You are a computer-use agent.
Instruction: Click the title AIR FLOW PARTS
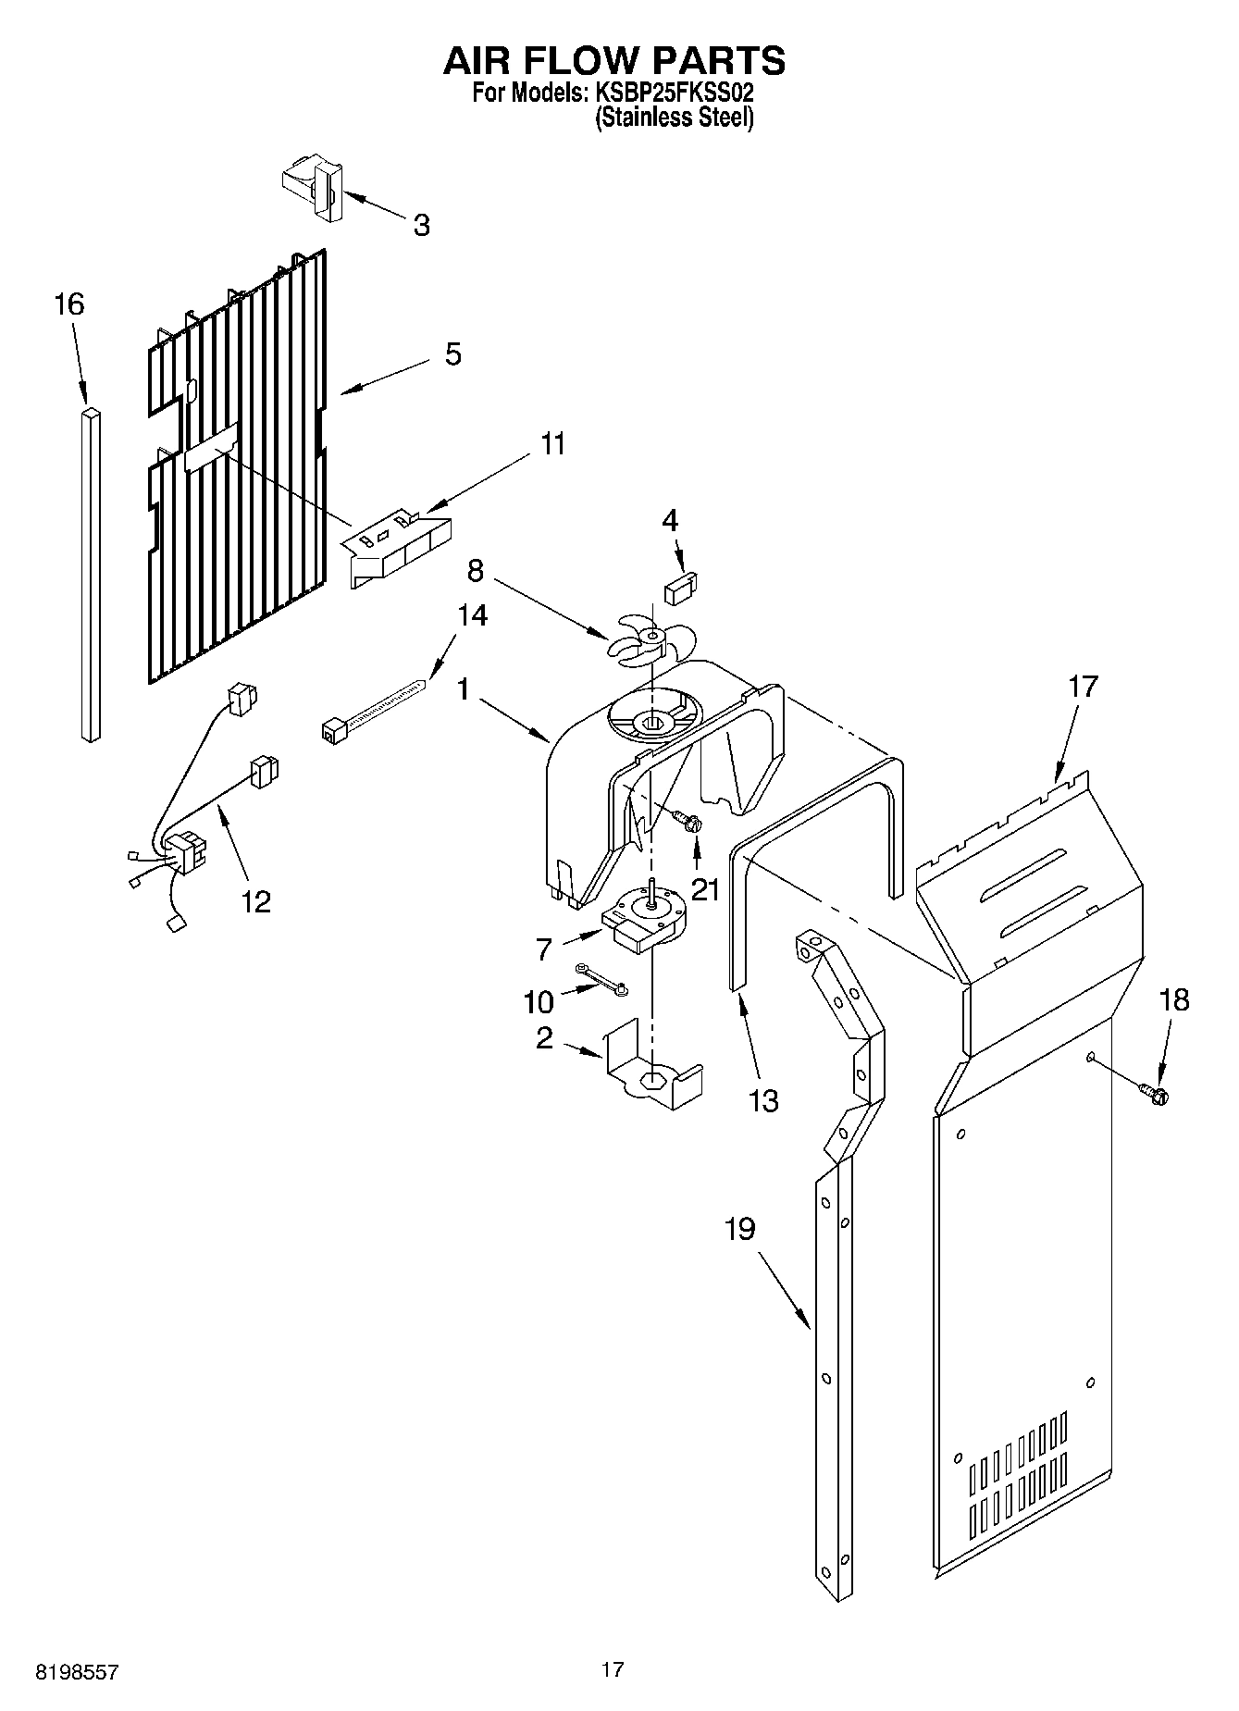(x=614, y=60)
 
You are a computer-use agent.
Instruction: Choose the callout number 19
(x=739, y=1229)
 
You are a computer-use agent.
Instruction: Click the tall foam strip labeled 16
(x=90, y=574)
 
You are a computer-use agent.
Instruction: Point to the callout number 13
(x=763, y=1101)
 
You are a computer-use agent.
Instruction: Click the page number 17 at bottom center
(x=612, y=1669)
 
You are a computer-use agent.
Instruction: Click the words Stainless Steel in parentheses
(x=674, y=118)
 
